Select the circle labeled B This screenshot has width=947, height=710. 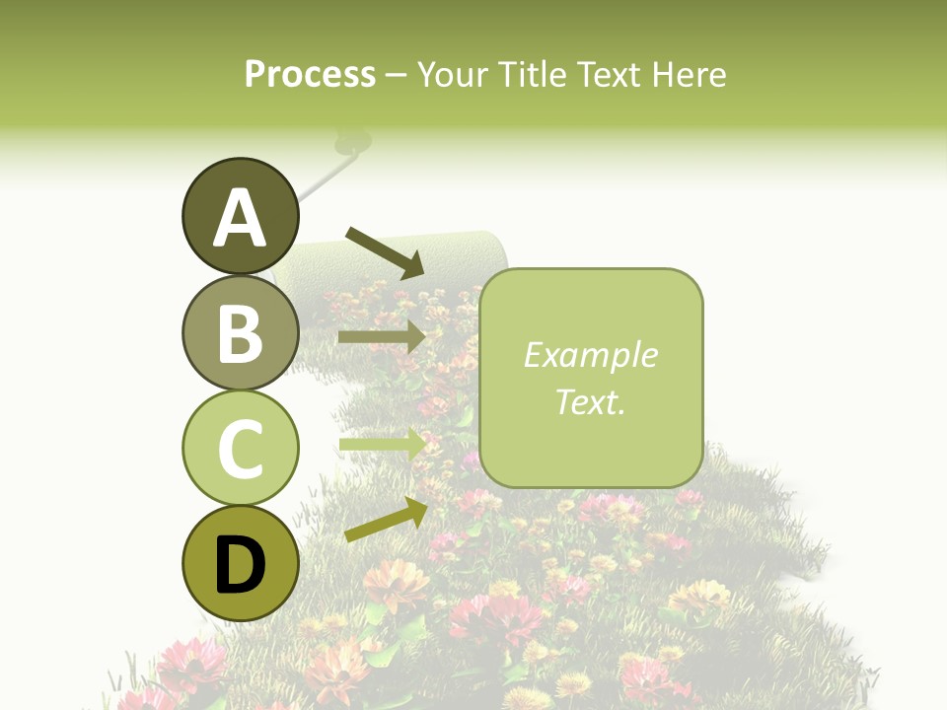point(240,333)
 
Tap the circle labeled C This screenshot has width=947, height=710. point(240,449)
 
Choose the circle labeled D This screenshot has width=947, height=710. point(240,564)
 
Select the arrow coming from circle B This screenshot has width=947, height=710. point(382,336)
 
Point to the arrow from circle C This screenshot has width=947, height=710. point(382,445)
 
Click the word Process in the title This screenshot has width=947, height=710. point(310,74)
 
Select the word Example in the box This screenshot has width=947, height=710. point(590,355)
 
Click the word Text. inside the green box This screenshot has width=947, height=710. point(590,401)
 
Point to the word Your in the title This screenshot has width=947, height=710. point(451,74)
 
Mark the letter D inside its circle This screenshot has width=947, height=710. point(240,565)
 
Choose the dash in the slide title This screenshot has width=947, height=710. point(397,75)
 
